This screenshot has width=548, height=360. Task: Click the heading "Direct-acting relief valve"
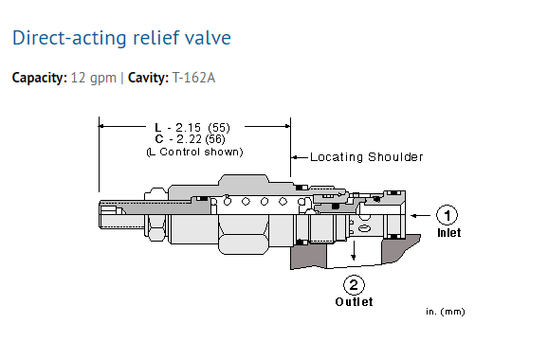click(x=121, y=38)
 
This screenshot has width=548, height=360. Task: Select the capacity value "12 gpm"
click(x=93, y=78)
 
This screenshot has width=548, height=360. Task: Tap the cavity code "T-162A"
click(x=193, y=78)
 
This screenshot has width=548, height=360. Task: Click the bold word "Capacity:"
click(x=40, y=78)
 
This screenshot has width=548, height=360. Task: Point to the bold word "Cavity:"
click(x=148, y=78)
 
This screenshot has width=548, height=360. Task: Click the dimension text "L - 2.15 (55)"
click(x=192, y=128)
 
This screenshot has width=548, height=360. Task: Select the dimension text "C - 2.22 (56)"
click(x=191, y=139)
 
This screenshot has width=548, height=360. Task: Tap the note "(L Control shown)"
click(x=194, y=152)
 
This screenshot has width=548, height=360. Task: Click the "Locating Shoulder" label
click(x=367, y=157)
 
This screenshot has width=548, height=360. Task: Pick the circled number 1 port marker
click(x=447, y=215)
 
